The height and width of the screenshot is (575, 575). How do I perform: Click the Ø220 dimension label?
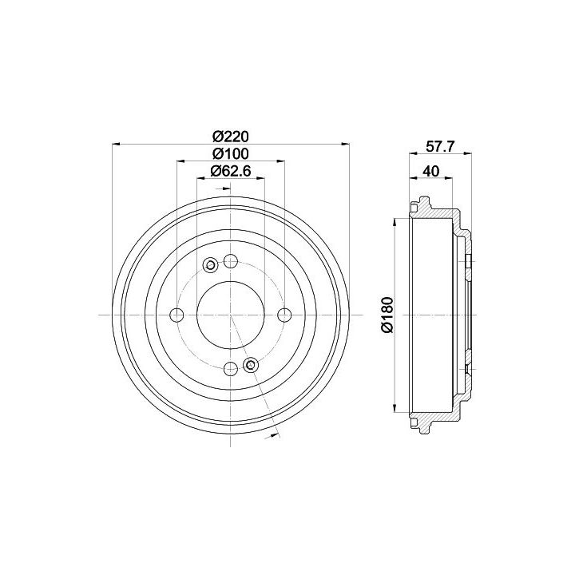click(231, 137)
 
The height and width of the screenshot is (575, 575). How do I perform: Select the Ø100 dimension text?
click(231, 154)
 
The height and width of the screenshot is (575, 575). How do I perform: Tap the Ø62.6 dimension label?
click(231, 171)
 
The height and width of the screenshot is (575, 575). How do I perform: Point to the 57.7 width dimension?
click(440, 147)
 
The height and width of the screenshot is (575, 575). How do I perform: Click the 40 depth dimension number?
click(431, 171)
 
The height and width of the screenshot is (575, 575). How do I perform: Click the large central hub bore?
click(231, 315)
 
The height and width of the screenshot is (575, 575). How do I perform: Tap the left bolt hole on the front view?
click(177, 315)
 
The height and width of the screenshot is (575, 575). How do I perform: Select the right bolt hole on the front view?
click(284, 315)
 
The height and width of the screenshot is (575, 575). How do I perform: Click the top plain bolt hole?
click(231, 261)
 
